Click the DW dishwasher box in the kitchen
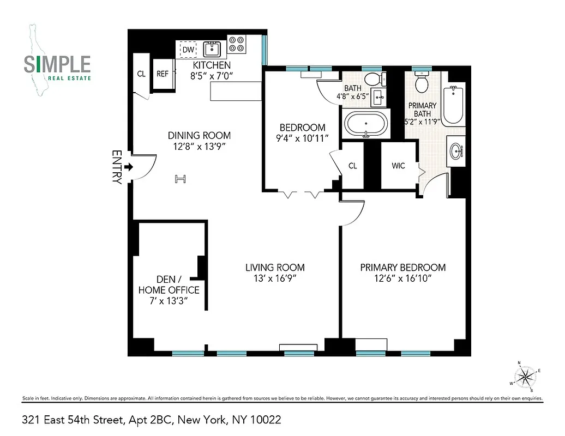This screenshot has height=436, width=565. [188, 49]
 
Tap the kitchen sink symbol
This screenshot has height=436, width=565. [212, 50]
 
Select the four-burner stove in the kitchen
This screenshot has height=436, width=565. [237, 44]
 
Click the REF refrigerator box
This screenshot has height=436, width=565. [163, 74]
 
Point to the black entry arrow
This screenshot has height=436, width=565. [128, 167]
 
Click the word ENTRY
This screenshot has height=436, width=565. [116, 167]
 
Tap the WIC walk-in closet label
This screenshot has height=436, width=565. [398, 166]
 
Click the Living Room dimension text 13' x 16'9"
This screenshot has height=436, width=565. [275, 279]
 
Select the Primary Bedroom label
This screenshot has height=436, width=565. [402, 268]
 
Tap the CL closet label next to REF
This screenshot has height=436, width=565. [141, 74]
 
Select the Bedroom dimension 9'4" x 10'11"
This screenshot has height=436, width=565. [302, 138]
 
